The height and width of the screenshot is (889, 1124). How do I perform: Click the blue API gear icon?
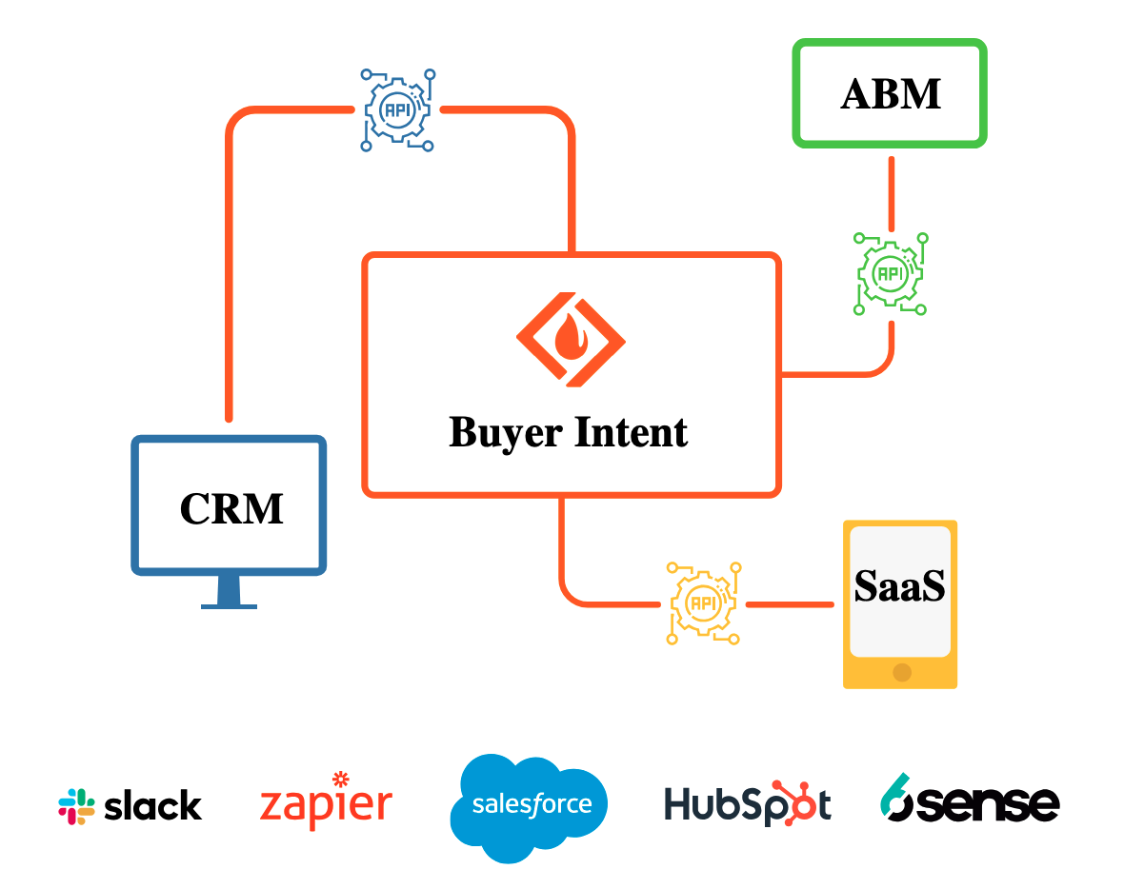pos(396,109)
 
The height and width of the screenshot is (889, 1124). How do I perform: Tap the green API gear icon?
pos(891,273)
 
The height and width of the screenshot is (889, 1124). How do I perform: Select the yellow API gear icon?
pos(704,603)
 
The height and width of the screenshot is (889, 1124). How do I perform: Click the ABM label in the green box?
pos(891,93)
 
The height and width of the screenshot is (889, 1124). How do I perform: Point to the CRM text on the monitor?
pos(231,508)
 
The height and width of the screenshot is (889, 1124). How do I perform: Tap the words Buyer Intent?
pos(569,432)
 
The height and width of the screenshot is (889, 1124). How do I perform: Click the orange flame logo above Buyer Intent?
pos(570,338)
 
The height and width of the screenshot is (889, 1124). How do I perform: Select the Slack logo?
pos(130,806)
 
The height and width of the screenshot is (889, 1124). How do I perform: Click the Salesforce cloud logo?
pos(530,806)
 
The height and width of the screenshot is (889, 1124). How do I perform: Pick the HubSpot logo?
pos(747,804)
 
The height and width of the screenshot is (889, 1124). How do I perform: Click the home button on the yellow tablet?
pos(901,672)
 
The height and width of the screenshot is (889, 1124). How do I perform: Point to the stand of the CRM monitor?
pos(229,593)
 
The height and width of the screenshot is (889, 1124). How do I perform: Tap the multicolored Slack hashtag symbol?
pos(76,806)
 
